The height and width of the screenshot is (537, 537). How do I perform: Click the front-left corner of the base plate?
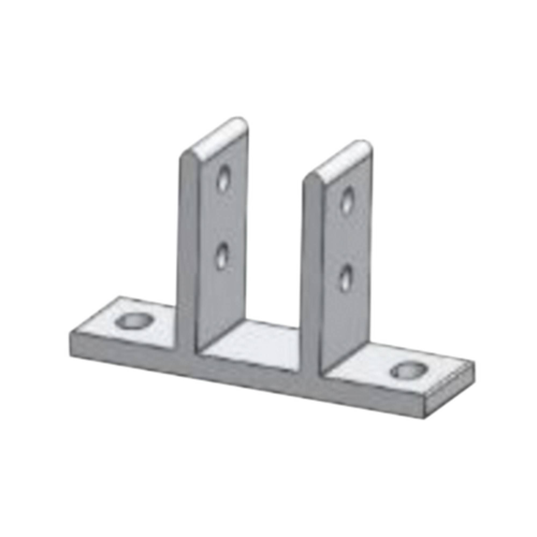70,333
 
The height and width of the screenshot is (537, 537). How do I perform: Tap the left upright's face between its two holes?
222,217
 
